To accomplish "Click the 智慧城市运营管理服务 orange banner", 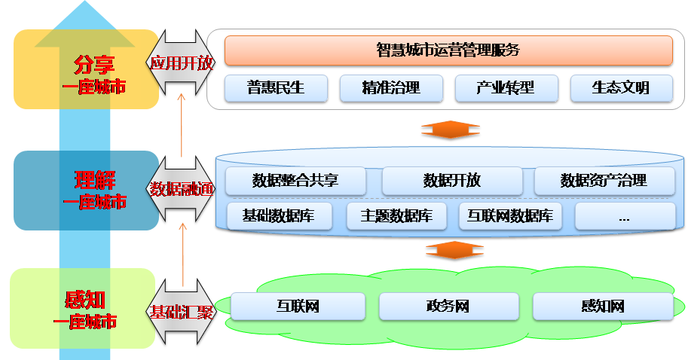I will (448, 50).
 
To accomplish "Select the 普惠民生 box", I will (276, 88).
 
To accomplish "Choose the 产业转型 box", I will (506, 88).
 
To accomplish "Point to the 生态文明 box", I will (620, 88).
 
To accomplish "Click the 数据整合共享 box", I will (296, 181).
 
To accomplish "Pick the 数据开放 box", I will (451, 181).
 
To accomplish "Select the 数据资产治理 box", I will (604, 181).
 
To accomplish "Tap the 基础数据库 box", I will (278, 216).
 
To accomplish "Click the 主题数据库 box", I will (396, 216).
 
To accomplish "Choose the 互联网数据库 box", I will (510, 216).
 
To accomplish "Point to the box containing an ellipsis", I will (624, 216).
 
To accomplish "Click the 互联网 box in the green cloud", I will (298, 307).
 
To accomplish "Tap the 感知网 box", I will (602, 307).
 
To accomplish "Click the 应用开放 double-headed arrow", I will (181, 63).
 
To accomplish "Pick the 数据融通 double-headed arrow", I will (181, 188).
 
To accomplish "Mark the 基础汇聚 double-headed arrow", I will (181, 311).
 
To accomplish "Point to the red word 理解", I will (94, 182).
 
